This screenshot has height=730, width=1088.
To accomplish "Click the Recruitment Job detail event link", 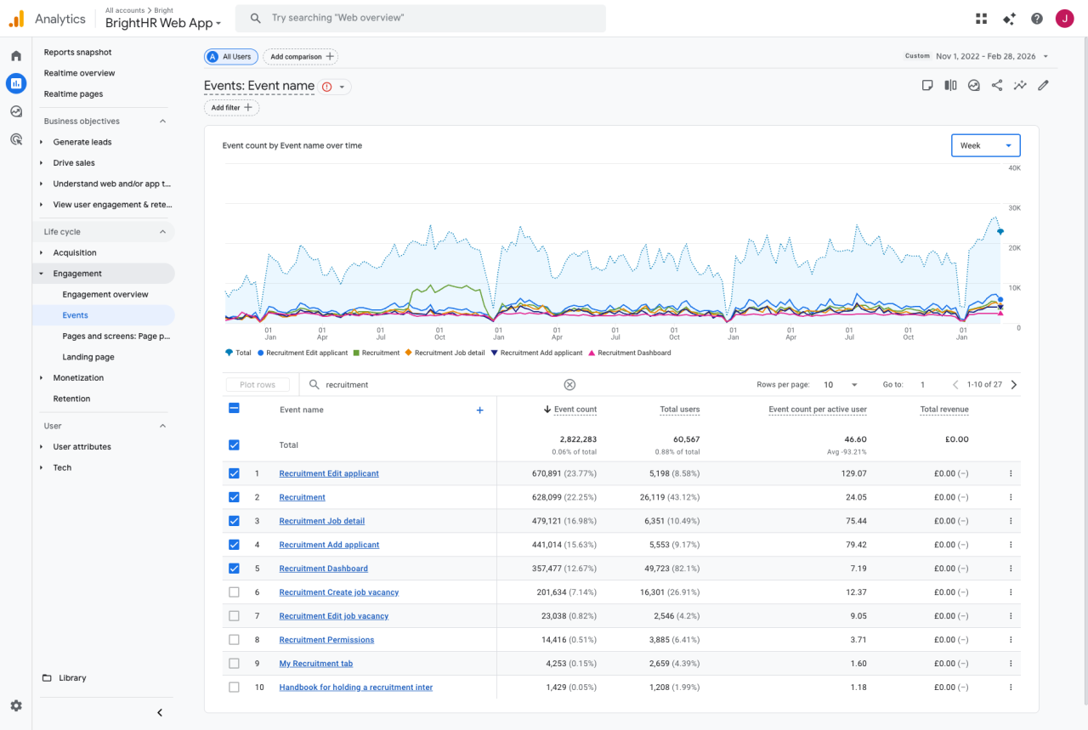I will (321, 521).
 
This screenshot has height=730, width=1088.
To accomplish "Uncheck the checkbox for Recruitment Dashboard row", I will (235, 569).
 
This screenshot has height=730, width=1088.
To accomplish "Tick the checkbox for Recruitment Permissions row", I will (235, 640).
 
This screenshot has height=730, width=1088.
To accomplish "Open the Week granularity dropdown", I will (985, 145).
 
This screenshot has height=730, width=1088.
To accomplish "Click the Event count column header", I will (575, 410).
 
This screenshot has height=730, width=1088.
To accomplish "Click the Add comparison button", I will (300, 57).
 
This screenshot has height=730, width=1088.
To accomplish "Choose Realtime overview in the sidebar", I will (79, 73).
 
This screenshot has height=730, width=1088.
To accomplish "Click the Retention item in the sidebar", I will (71, 399).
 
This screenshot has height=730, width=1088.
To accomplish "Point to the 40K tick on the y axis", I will (1013, 168).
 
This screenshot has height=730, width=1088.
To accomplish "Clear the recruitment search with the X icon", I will (569, 385).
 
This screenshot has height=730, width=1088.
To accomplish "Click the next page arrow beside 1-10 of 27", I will (1013, 385).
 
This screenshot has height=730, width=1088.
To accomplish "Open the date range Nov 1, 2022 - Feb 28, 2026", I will (986, 56).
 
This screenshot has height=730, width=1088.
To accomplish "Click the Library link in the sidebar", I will (72, 678).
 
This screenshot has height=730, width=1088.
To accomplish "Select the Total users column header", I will (679, 410).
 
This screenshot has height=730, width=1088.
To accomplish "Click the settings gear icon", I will (16, 705).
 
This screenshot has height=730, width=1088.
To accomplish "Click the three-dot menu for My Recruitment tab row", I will (1011, 664).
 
